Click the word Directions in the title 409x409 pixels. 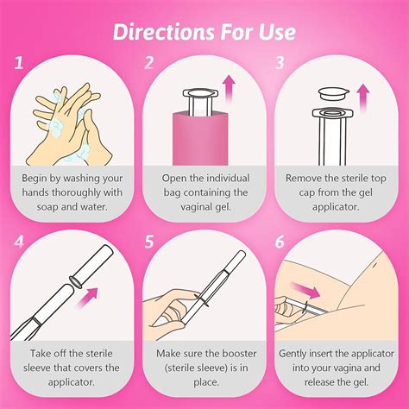coord(156,33)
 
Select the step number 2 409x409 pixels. coord(149,63)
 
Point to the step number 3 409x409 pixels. coord(280,63)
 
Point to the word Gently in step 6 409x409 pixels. coord(299,353)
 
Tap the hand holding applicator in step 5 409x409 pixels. coord(173,298)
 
